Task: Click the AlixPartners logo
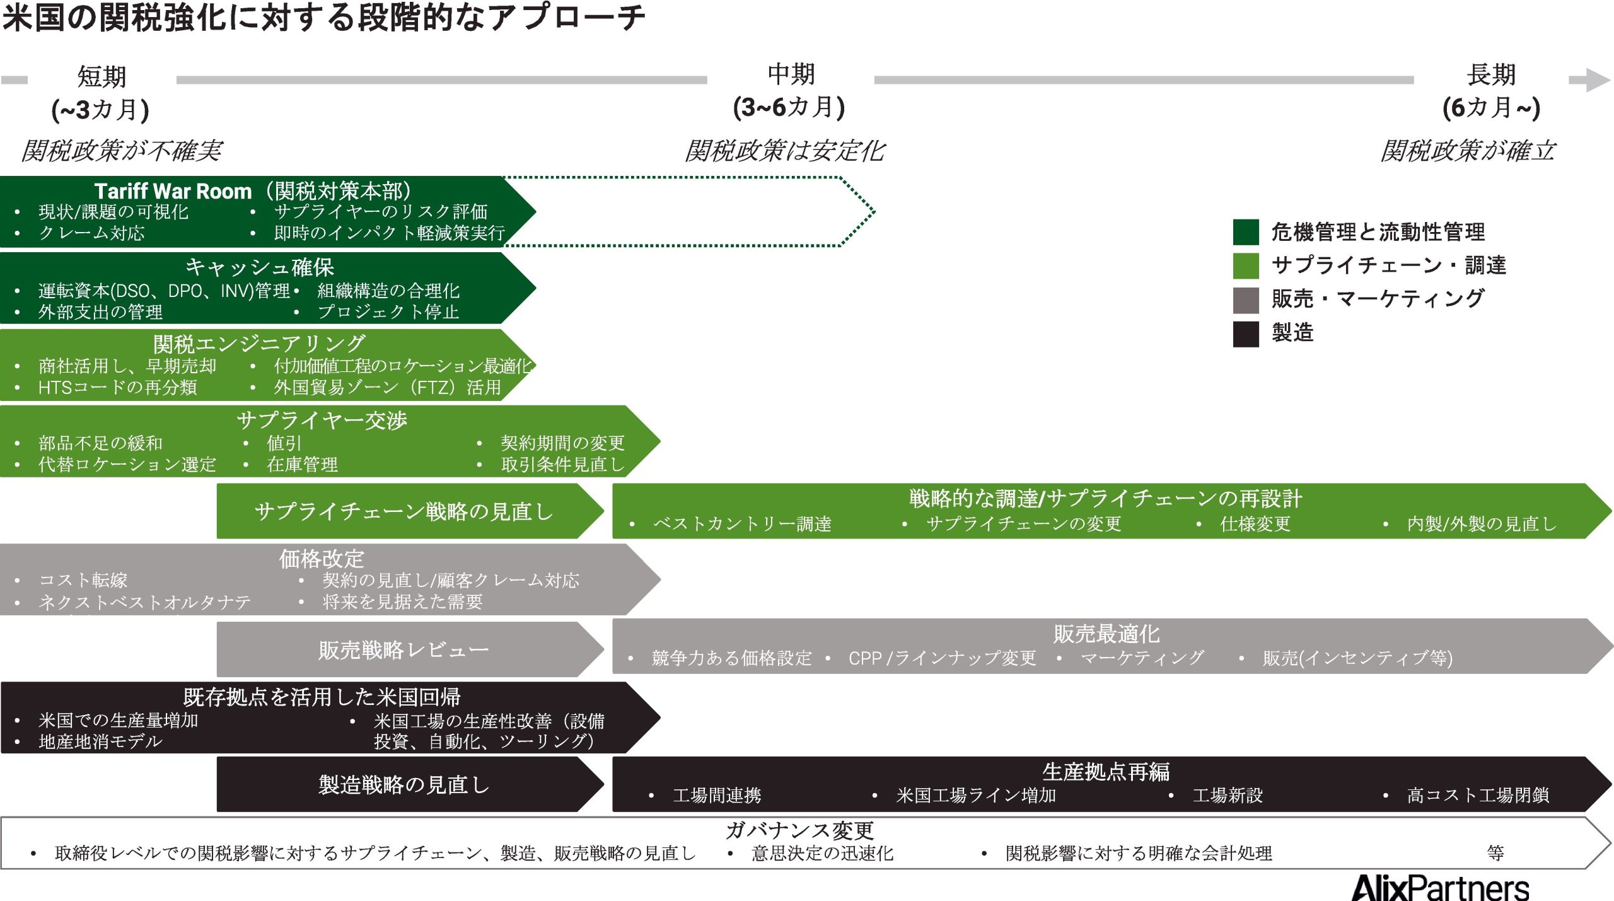1440,888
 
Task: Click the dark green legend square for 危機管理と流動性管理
1245,231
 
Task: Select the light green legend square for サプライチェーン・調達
1245,265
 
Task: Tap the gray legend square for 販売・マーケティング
1245,299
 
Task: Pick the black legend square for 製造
1245,334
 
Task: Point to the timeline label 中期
791,74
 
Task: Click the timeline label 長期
1490,74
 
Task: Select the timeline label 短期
102,76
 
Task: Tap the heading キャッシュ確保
259,267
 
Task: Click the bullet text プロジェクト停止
388,311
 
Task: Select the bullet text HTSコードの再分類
117,387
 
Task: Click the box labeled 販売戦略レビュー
403,649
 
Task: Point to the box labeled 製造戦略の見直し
403,784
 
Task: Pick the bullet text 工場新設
1227,795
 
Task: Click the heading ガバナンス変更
799,830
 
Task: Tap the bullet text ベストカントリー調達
742,524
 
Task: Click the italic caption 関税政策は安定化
785,151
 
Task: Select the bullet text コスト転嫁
83,580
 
